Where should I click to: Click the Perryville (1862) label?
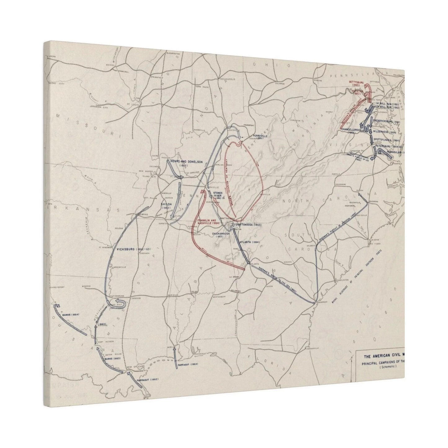tap(258, 137)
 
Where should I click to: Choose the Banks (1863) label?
tap(113, 358)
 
